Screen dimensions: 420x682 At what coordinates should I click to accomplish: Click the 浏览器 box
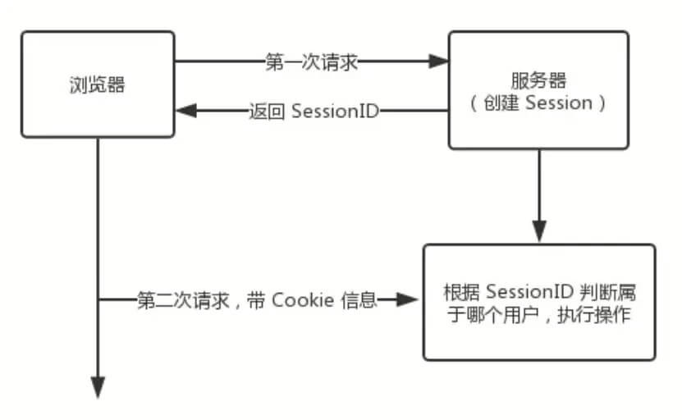click(x=98, y=84)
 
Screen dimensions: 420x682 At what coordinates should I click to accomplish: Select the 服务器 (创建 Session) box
click(x=538, y=90)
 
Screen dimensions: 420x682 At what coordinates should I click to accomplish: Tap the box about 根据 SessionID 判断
click(x=538, y=302)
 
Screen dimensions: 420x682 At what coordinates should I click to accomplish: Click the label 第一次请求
click(x=312, y=62)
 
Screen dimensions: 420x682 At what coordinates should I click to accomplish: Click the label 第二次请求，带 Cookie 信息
click(x=256, y=300)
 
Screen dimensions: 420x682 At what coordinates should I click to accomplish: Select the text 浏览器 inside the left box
click(x=98, y=84)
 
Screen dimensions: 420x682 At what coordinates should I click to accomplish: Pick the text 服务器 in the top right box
click(x=538, y=79)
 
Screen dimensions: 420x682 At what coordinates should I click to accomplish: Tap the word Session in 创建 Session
click(x=558, y=103)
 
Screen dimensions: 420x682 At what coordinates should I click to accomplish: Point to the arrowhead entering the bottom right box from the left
click(x=410, y=300)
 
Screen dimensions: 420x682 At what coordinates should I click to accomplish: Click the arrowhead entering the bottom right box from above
click(x=538, y=232)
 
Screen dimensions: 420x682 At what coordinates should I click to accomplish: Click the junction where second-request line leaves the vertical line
click(x=98, y=300)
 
